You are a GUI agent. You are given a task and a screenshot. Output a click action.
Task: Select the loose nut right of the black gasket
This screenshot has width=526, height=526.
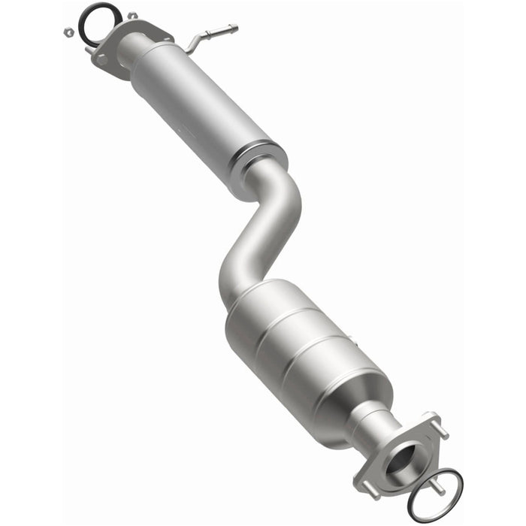pos(132,16)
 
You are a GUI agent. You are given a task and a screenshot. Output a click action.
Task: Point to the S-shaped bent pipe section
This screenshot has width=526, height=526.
pos(267,225)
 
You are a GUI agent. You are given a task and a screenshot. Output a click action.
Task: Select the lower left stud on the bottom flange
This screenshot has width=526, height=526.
pos(370,493)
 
